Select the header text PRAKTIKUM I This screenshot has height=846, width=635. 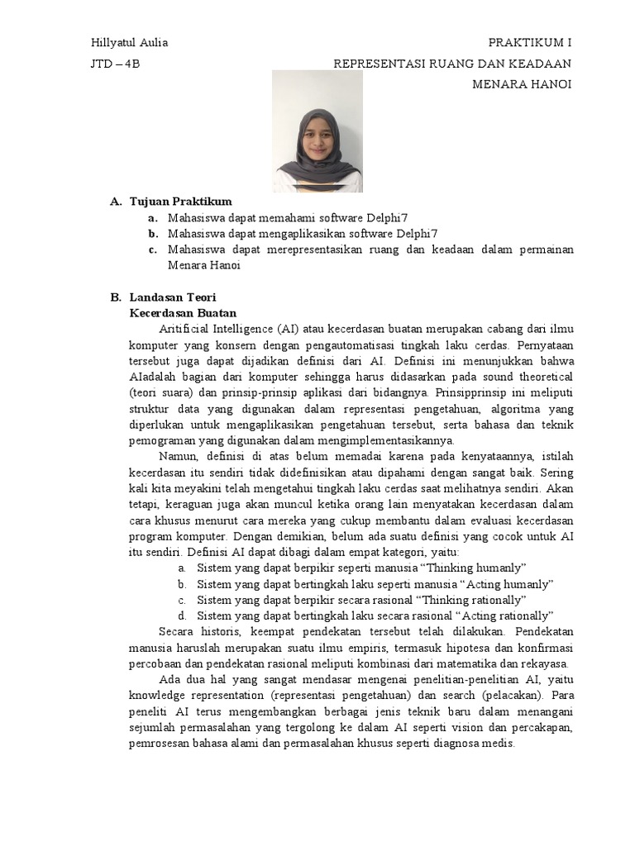coord(530,43)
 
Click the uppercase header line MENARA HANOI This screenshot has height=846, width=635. coord(522,84)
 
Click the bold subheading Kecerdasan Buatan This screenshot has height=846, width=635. coord(183,313)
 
